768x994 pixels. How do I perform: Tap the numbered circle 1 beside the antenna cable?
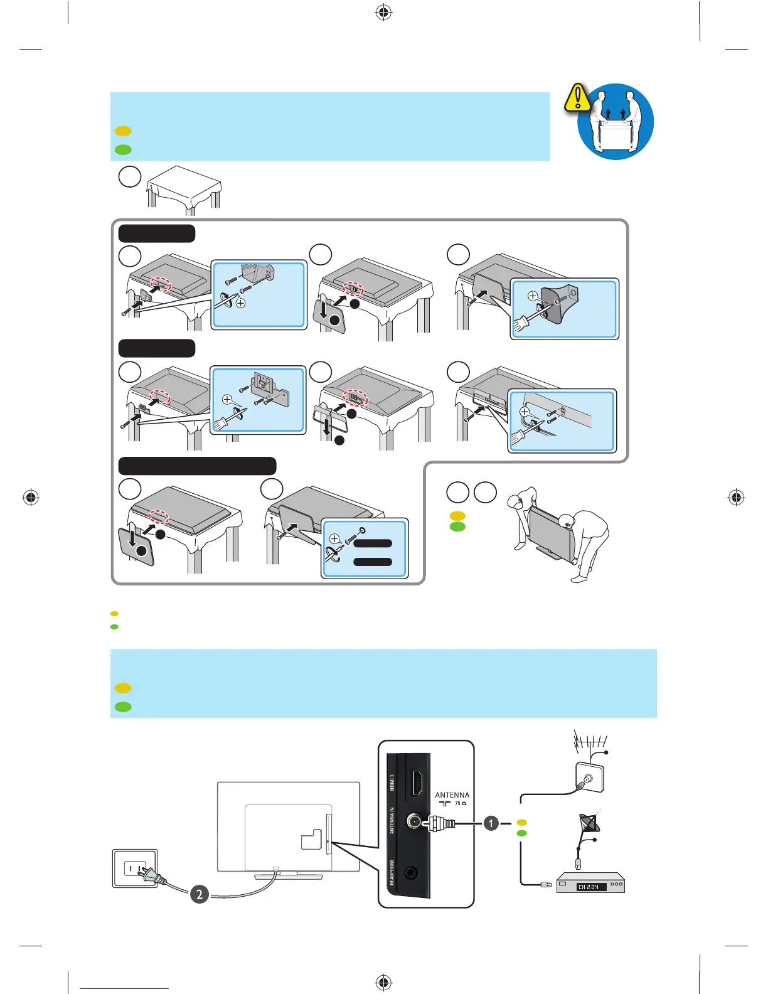(x=491, y=823)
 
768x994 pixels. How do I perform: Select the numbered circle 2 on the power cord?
(x=200, y=894)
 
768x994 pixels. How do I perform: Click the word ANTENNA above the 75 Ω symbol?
(x=452, y=795)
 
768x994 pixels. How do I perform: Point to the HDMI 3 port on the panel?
(x=416, y=783)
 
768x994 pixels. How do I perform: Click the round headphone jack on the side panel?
(x=412, y=873)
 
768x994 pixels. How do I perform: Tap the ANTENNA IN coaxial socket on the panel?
(x=414, y=821)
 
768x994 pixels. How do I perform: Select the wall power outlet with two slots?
(x=135, y=868)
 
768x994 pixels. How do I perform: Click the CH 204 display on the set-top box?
(x=590, y=887)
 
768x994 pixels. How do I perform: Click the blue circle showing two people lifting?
(x=616, y=122)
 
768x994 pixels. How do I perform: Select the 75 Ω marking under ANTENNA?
(x=461, y=804)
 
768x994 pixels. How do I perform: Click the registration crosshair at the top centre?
(x=383, y=13)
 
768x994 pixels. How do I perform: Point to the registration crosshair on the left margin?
(x=31, y=498)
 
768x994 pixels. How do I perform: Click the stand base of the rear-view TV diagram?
(x=288, y=875)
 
